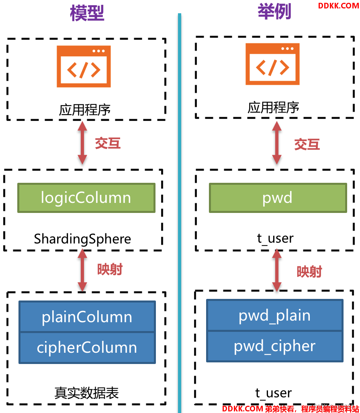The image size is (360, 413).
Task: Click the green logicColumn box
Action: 86,198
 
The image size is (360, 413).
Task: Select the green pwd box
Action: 278,198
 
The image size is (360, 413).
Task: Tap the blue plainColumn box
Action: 87,316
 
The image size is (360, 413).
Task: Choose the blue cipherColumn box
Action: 87,348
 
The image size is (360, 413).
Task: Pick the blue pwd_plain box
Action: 275,315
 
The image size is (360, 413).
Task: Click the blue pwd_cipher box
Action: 275,346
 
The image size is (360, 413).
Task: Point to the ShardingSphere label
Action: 82,239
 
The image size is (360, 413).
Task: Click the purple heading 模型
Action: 87,13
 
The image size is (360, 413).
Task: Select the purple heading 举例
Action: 274,12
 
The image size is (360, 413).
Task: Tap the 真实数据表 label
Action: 87,393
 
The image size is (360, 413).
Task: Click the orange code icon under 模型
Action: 84,66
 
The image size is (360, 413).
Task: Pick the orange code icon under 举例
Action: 272,64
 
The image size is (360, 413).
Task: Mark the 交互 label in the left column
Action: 108,143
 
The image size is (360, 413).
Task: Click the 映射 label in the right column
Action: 309,272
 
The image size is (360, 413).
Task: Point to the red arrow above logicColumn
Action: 82,143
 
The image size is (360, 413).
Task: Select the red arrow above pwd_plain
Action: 277,270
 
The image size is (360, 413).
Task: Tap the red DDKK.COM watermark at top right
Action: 338,6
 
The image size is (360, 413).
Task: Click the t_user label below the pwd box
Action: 275,238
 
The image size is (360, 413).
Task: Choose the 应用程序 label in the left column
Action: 84,110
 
